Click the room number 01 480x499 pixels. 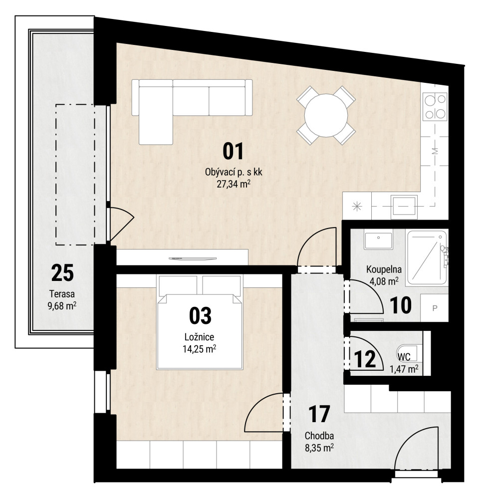click(x=234, y=152)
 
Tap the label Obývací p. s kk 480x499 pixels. click(x=234, y=172)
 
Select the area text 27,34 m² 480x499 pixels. click(x=234, y=184)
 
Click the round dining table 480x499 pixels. click(x=326, y=116)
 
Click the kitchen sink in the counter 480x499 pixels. click(x=404, y=207)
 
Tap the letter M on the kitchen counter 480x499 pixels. click(x=436, y=151)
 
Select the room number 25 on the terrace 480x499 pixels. click(x=62, y=273)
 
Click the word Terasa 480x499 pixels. click(x=62, y=294)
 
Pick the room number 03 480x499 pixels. click(x=200, y=316)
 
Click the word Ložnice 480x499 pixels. click(x=200, y=337)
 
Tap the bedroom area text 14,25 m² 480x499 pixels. click(x=200, y=349)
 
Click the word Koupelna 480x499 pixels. click(x=384, y=269)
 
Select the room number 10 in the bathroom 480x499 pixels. click(x=401, y=305)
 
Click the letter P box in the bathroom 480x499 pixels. click(x=435, y=308)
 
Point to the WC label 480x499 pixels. click(x=404, y=357)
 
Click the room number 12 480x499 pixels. click(x=365, y=359)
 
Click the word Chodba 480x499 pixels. click(x=319, y=436)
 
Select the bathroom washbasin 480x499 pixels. click(x=378, y=241)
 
